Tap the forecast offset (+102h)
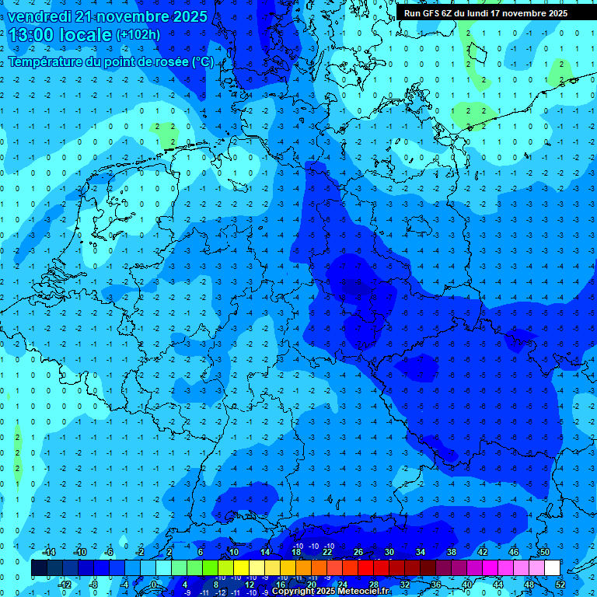138,35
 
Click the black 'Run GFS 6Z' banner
485,13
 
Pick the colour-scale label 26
358,552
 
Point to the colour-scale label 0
154,584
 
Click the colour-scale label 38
452,552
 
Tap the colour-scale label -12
65,584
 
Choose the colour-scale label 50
544,552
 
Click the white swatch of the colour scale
552,568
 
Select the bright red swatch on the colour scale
365,568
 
